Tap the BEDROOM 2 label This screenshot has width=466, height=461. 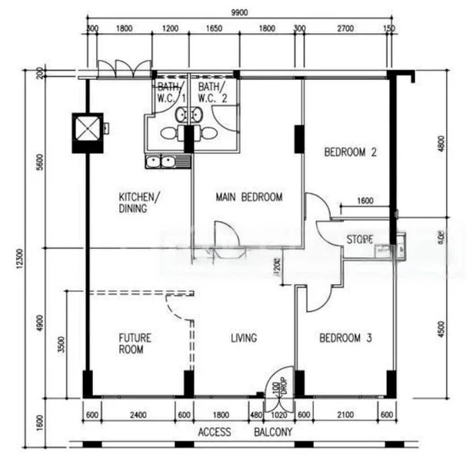click(x=350, y=153)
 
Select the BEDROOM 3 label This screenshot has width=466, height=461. click(x=346, y=337)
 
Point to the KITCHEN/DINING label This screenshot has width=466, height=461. click(x=139, y=201)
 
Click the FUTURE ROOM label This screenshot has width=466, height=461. click(x=135, y=343)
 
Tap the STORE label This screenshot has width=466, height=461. click(x=358, y=240)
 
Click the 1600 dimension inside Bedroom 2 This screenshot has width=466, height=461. click(x=364, y=201)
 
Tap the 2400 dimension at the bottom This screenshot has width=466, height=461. click(x=136, y=416)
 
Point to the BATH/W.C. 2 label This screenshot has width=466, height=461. click(x=212, y=93)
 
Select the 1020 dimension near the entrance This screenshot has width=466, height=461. click(x=279, y=416)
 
